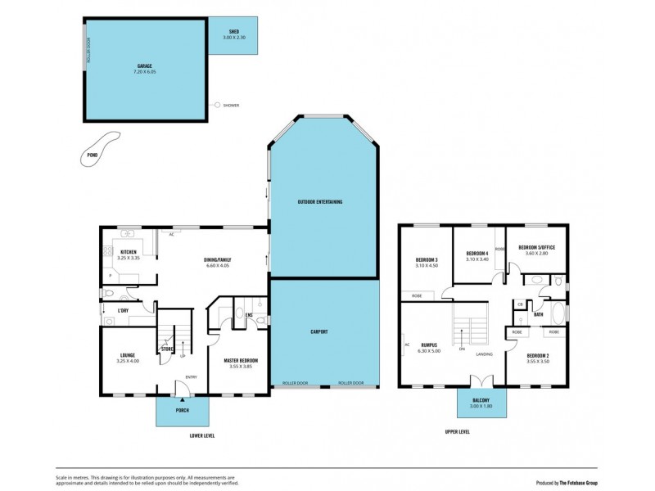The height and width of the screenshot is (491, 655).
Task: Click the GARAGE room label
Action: pyautogui.click(x=144, y=66)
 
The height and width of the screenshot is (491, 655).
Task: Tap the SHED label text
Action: pyautogui.click(x=233, y=33)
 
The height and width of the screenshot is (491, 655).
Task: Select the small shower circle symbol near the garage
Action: pyautogui.click(x=216, y=105)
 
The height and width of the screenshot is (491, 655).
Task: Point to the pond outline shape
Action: pyautogui.click(x=99, y=148)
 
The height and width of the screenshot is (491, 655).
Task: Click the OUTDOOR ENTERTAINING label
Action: pyautogui.click(x=319, y=201)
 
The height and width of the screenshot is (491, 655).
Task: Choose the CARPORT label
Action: pyautogui.click(x=319, y=331)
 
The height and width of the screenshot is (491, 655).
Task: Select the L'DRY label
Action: pyautogui.click(x=124, y=310)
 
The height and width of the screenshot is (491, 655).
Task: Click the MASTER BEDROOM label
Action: pyautogui.click(x=241, y=360)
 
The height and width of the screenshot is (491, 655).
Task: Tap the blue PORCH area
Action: pyautogui.click(x=183, y=411)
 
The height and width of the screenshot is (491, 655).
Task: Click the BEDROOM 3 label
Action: pyautogui.click(x=427, y=259)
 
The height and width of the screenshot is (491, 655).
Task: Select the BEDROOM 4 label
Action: pyautogui.click(x=477, y=254)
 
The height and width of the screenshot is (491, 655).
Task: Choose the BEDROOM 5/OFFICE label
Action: pyautogui.click(x=537, y=246)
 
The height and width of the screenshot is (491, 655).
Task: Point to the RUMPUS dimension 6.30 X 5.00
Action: pyautogui.click(x=431, y=350)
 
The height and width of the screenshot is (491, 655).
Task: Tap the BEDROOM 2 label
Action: pyautogui.click(x=538, y=355)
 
